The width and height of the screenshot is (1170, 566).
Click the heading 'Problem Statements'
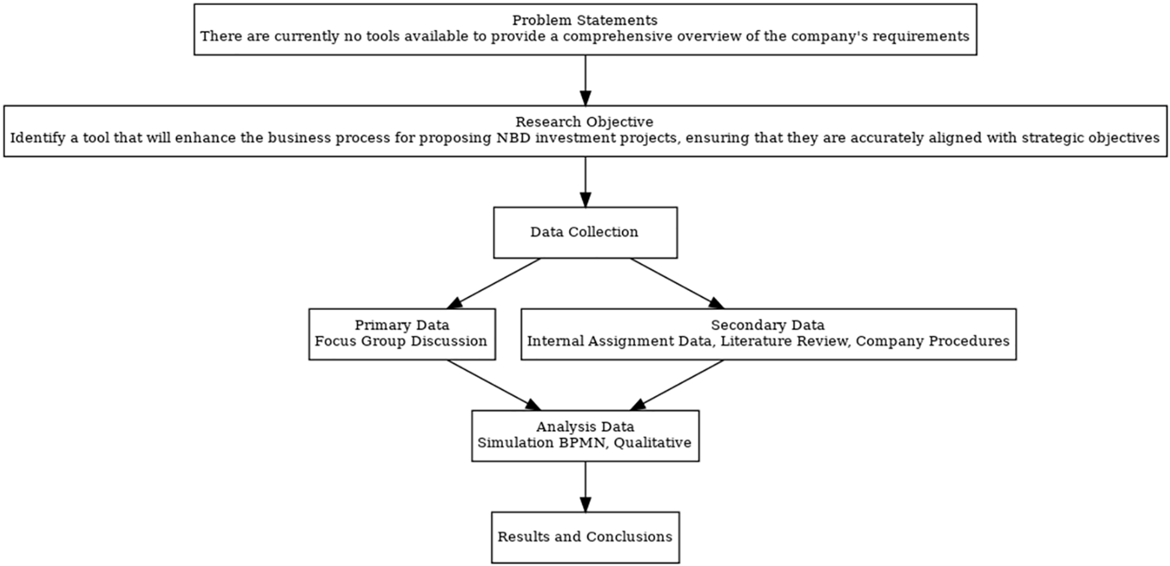point(585,20)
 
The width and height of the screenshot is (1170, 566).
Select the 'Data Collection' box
point(585,232)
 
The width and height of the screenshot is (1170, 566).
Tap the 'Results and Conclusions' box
point(585,537)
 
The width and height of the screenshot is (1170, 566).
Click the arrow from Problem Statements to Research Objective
point(585,80)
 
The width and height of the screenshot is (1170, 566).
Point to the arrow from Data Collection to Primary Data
point(493,283)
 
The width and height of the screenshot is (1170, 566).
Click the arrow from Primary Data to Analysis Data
point(493,385)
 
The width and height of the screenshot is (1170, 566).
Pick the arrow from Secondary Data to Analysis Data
point(677,385)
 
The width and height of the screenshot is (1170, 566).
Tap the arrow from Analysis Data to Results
point(585,487)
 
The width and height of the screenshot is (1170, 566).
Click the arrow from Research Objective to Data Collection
point(585,182)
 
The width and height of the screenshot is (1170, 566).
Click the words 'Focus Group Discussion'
point(401,341)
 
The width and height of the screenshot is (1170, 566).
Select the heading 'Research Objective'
point(584,122)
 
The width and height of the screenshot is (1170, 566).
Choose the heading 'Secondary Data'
point(767,325)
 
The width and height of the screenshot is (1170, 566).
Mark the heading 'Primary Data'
point(401,325)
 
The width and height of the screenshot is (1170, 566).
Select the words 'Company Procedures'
point(932,341)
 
